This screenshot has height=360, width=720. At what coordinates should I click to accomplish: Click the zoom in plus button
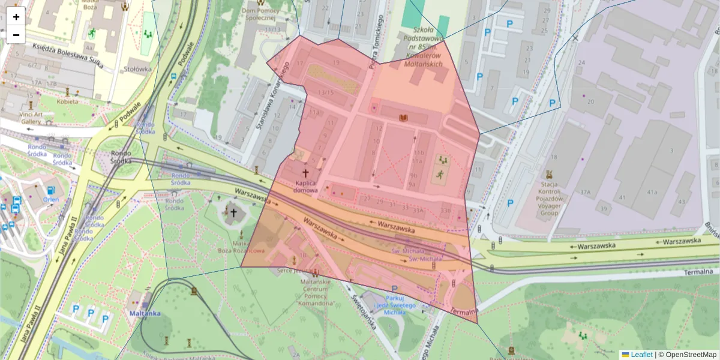pyautogui.click(x=16, y=17)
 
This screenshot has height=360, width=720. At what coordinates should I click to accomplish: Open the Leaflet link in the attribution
pyautogui.click(x=641, y=355)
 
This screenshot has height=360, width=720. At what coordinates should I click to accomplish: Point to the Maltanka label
pyautogui.click(x=144, y=313)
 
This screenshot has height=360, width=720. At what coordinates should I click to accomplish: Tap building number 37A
pyautogui.click(x=586, y=193)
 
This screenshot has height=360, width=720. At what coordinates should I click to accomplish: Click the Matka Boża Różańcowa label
pyautogui.click(x=235, y=246)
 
